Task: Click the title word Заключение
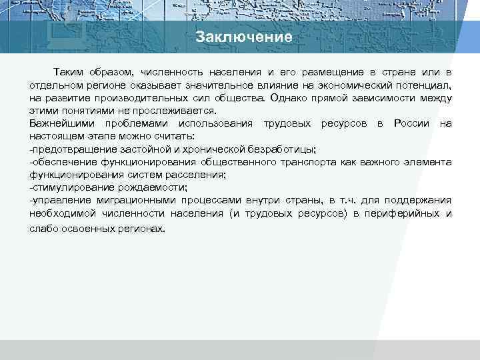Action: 244,37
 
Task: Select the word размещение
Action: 330,72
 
